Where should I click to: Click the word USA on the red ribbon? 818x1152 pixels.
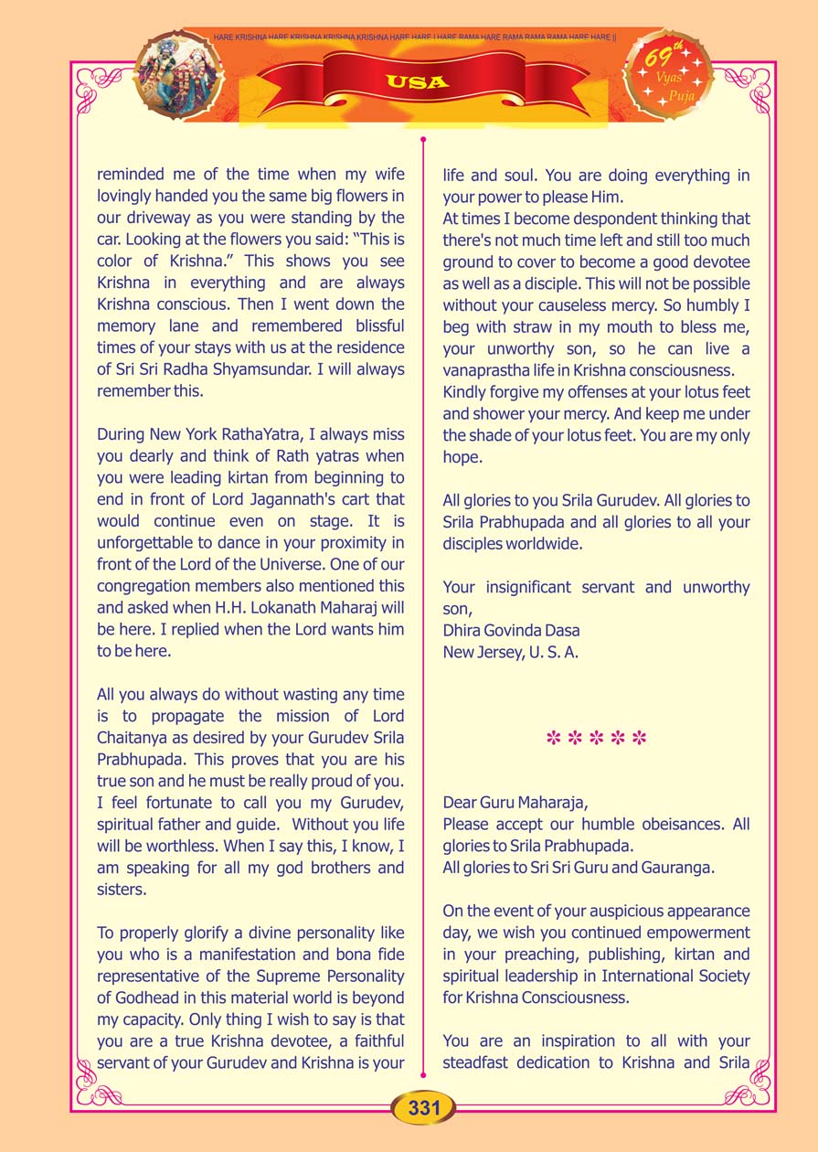(417, 82)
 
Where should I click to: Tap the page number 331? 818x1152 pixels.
(424, 1108)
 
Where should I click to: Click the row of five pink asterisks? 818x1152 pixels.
(596, 738)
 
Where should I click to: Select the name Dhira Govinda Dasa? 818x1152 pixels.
(511, 631)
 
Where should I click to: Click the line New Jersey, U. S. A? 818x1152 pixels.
(510, 652)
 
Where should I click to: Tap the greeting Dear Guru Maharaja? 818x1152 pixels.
(516, 802)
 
